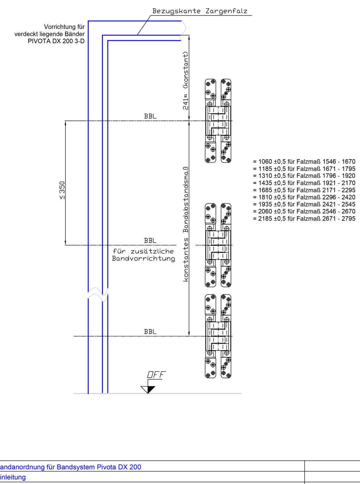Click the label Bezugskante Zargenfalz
(x=199, y=11)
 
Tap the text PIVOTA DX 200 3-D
(x=56, y=41)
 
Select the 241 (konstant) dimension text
(x=186, y=80)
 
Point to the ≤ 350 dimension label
(x=62, y=190)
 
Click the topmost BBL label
(x=150, y=116)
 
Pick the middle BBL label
(x=150, y=241)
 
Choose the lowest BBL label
(x=150, y=331)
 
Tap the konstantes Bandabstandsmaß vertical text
(x=186, y=224)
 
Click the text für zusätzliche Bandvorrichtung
(x=143, y=255)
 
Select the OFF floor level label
(x=156, y=375)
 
